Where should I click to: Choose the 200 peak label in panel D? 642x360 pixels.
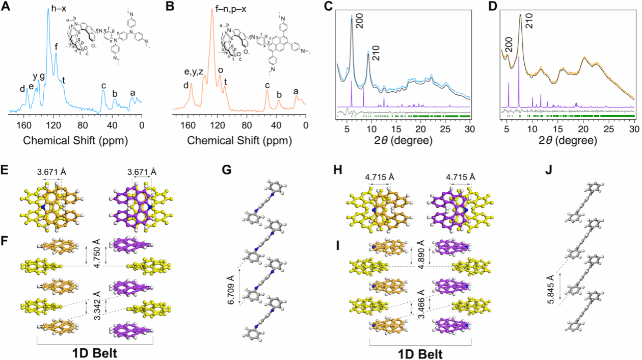pos(506,45)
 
